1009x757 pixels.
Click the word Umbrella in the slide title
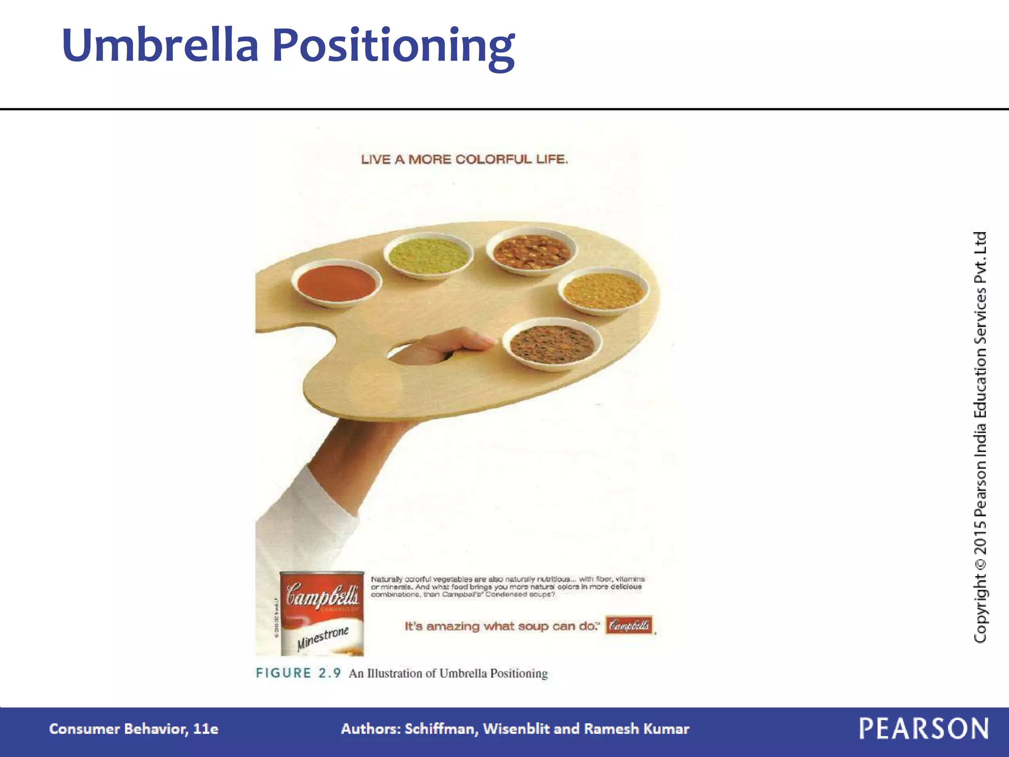pos(160,45)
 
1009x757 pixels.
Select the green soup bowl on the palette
pos(428,255)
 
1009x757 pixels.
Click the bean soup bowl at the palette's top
pos(532,250)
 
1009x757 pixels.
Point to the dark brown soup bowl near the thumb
pos(552,344)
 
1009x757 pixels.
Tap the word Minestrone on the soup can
pos(323,638)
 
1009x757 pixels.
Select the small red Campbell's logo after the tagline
pos(629,625)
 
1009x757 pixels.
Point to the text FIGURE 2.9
pos(298,673)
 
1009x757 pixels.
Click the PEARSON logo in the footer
pos(924,728)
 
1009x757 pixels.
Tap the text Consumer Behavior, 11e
pos(134,729)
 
